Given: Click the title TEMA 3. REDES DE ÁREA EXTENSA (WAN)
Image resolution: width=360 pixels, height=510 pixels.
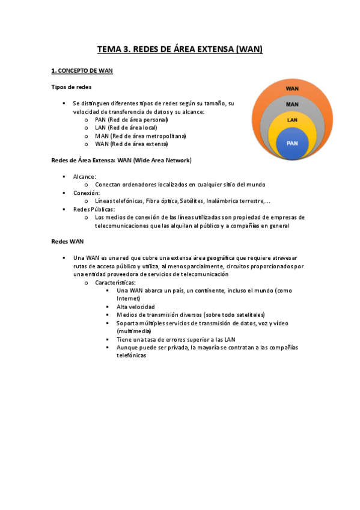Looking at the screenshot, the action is (180, 49).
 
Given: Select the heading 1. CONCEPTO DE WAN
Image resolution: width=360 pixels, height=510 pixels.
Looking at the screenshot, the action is (82, 71).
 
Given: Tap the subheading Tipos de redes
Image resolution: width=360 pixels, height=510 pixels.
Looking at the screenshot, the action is (71, 87).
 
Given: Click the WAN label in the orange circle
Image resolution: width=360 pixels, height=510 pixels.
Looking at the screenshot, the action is (292, 88).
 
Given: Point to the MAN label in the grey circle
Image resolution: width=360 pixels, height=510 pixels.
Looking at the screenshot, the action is (292, 104).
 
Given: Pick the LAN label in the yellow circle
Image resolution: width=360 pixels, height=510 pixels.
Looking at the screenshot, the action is (292, 120).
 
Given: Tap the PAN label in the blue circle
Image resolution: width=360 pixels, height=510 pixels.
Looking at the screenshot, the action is (292, 143).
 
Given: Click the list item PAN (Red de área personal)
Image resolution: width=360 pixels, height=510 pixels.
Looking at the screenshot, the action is (131, 120).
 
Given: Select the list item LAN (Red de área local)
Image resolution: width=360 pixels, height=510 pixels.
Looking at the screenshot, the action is (126, 127).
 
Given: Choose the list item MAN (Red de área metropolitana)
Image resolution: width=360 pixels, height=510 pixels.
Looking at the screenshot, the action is (141, 136).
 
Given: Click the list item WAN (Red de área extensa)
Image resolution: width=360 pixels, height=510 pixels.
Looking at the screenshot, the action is (132, 144).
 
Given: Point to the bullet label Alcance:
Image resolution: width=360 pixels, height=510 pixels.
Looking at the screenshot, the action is (85, 177).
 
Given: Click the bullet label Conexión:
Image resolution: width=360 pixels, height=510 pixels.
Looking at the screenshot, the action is (87, 193).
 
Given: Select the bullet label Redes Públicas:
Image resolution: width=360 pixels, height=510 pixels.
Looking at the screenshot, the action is (94, 209).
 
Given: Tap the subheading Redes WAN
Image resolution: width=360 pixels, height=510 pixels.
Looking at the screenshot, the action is (67, 241).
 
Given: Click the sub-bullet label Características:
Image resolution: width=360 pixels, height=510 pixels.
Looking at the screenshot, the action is (115, 282).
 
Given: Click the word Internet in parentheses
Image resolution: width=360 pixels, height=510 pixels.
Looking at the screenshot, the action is (129, 298).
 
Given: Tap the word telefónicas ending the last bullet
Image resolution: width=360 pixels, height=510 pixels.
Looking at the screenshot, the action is (132, 355).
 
